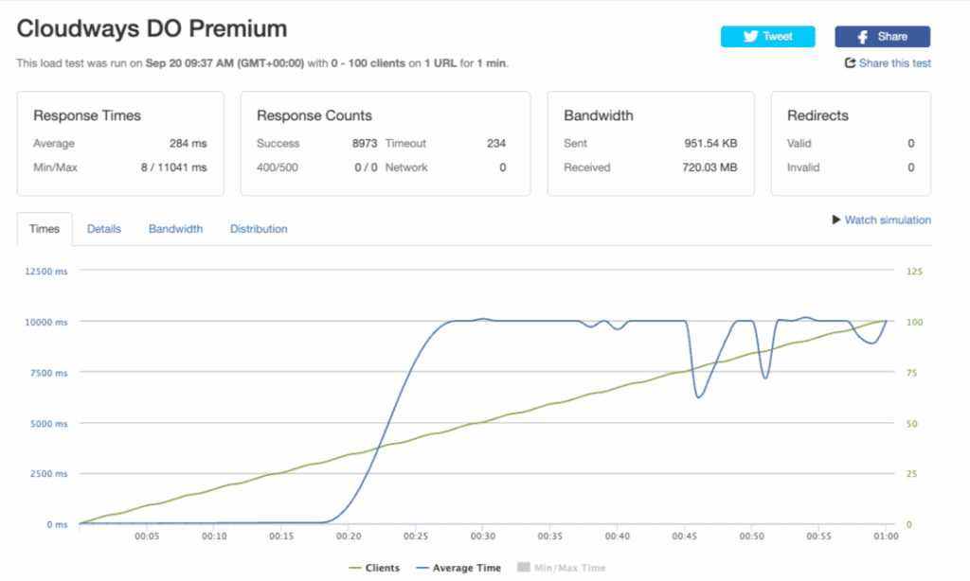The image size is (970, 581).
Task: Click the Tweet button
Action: tap(768, 36)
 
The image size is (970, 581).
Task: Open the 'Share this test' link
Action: tap(889, 63)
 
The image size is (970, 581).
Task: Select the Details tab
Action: tap(104, 229)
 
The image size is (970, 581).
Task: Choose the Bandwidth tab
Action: tap(175, 229)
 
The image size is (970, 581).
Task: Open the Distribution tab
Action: tap(259, 229)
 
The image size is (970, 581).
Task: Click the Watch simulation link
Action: tap(881, 220)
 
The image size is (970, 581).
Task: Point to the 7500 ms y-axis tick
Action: tap(48, 373)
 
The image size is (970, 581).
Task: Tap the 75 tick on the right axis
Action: tap(914, 373)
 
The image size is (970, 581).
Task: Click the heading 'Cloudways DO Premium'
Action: tap(152, 29)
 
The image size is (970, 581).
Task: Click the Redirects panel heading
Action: tap(817, 115)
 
